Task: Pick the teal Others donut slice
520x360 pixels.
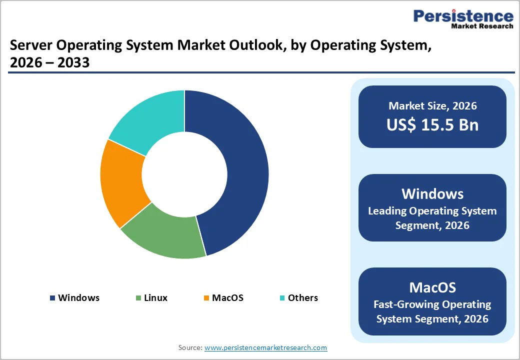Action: [x=150, y=120]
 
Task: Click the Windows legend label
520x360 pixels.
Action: [x=78, y=298]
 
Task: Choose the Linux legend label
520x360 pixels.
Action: [x=155, y=298]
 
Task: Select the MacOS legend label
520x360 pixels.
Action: [x=227, y=298]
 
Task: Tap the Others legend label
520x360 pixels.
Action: [x=302, y=298]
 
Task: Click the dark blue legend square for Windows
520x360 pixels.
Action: [x=52, y=298]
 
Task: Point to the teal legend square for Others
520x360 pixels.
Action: [x=282, y=298]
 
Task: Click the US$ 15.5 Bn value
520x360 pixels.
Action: [x=432, y=125]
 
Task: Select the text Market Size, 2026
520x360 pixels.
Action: [x=432, y=106]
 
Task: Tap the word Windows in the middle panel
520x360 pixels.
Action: [x=432, y=194]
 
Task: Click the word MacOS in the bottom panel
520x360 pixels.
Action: [x=432, y=287]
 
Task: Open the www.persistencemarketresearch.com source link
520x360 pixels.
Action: [x=265, y=347]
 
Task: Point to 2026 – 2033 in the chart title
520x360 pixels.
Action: [x=49, y=63]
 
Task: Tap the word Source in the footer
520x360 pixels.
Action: [x=190, y=347]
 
